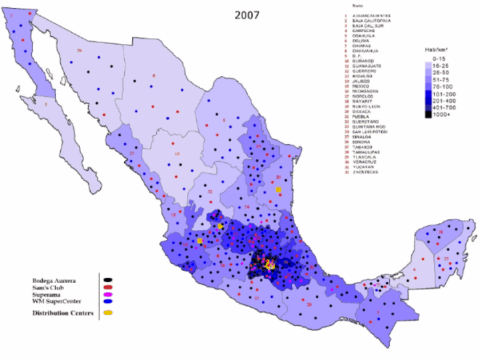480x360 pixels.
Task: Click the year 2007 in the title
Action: (247, 15)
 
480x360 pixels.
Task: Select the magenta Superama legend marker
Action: (108, 294)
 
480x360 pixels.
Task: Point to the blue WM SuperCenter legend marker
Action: (108, 302)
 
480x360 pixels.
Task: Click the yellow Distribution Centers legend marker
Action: (108, 313)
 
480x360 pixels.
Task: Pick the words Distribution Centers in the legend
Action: (62, 313)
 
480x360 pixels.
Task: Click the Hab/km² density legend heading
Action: (435, 49)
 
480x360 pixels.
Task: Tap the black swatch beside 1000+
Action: (428, 114)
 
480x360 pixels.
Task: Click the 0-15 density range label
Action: (439, 58)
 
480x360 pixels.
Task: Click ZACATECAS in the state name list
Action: (366, 172)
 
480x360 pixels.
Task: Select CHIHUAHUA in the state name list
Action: (366, 51)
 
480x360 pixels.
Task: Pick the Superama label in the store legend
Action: (46, 294)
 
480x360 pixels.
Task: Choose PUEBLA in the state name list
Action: (363, 116)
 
